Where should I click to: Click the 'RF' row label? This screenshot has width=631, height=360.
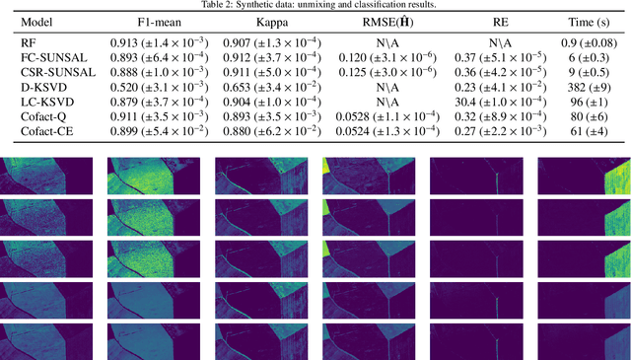[29, 41]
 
